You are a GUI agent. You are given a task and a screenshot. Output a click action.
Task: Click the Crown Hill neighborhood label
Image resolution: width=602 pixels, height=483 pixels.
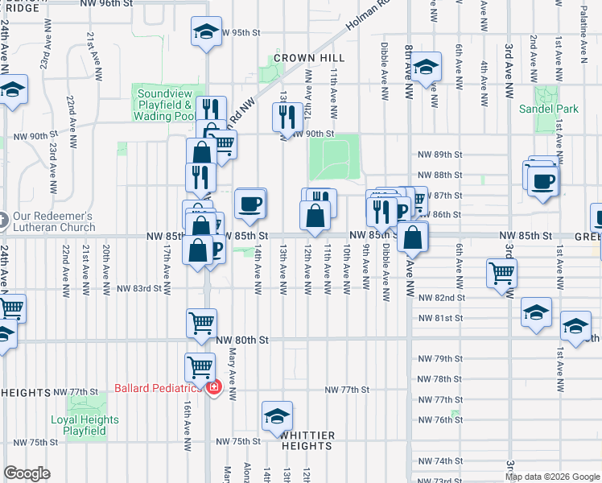point(309,58)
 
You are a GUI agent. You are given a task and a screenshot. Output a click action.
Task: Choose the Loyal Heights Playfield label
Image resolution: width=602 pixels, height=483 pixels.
point(85,425)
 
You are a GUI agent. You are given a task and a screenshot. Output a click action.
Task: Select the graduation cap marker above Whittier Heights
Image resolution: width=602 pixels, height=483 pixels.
point(276,416)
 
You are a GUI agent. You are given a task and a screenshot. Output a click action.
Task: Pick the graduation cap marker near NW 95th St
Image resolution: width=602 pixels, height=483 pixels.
point(206,33)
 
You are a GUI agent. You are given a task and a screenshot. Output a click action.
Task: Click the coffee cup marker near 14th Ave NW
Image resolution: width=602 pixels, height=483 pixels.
point(250,204)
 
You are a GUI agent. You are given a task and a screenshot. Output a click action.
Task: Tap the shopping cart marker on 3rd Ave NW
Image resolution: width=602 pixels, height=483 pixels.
point(501,274)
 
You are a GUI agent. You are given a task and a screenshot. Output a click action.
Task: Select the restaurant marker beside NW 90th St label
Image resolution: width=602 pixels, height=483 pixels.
point(287,118)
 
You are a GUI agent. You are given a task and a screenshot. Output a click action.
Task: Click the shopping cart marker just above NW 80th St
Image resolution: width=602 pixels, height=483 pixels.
point(201,324)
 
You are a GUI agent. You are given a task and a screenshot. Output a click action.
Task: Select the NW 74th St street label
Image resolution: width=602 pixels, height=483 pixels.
point(438,461)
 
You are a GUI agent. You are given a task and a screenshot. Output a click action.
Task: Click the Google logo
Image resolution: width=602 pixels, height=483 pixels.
point(27,473)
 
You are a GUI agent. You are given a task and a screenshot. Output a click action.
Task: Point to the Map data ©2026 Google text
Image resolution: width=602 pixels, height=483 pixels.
point(551,477)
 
